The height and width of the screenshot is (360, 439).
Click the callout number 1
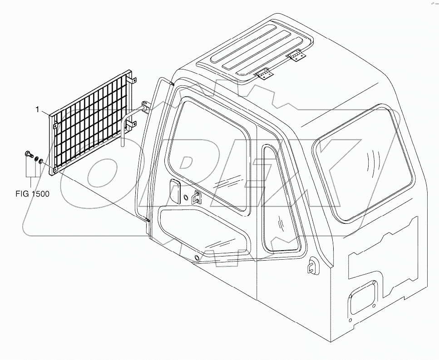39,109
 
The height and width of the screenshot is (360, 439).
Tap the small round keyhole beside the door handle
186,198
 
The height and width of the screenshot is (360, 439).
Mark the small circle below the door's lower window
196,258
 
